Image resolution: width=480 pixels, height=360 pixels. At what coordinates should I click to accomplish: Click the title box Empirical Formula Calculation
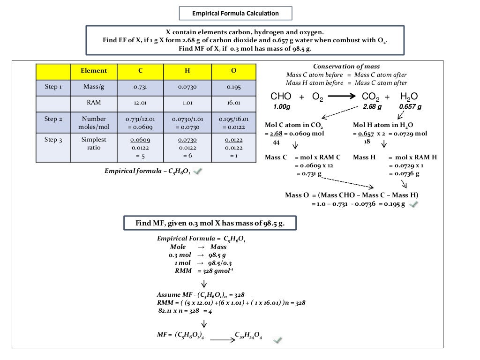[235, 13]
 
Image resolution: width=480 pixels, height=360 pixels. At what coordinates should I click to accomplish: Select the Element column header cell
[94, 71]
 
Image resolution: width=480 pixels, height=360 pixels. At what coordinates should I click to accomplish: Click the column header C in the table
[140, 71]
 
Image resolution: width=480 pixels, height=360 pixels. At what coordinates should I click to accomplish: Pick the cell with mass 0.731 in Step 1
[140, 87]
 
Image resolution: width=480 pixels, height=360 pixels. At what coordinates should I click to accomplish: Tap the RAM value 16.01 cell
[233, 103]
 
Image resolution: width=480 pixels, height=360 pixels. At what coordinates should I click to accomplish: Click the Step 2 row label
[53, 119]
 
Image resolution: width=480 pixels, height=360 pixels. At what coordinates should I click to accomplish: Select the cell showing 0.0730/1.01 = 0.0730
[187, 123]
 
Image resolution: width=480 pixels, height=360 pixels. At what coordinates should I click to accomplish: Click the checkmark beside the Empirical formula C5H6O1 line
[198, 172]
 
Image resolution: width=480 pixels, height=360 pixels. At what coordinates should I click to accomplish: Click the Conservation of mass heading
[346, 67]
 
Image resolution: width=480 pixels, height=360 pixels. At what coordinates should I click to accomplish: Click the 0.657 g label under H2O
[410, 107]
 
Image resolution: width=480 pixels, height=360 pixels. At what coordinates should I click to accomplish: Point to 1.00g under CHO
[282, 107]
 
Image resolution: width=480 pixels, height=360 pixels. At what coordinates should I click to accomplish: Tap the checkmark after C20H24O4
[278, 339]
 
